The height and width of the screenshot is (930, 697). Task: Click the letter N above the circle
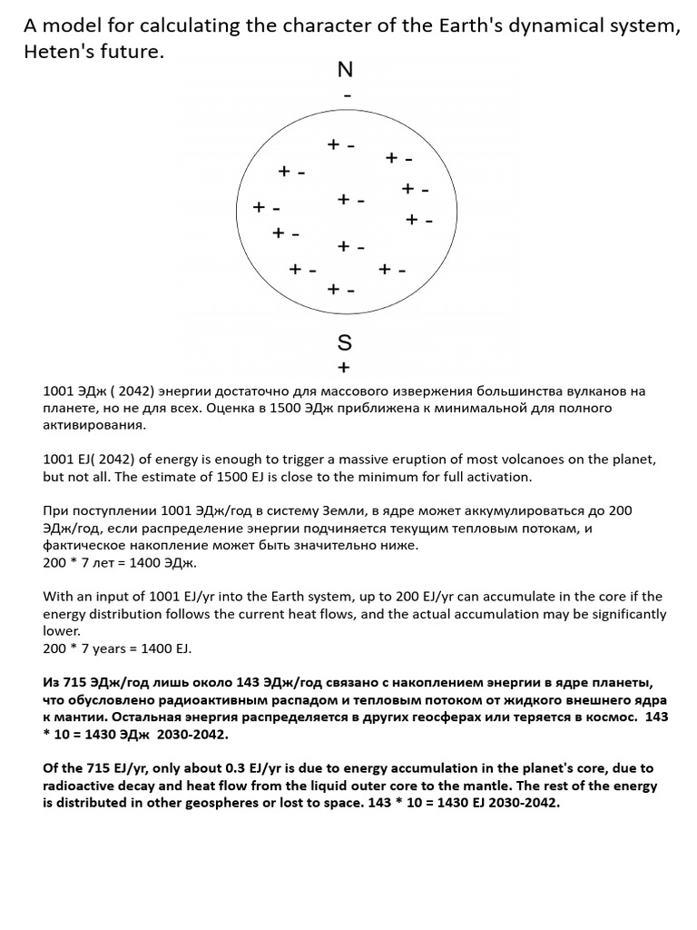[345, 71]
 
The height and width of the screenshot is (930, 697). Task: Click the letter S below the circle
[344, 342]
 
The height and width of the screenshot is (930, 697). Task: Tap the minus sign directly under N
[345, 94]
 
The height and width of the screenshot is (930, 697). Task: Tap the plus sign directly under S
[343, 368]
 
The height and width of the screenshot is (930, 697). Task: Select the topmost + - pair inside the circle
[340, 144]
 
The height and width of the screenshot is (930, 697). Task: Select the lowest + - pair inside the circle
[341, 289]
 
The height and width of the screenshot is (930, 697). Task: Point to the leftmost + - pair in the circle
[267, 208]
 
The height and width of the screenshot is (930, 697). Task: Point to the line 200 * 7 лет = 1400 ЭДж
[113, 563]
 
